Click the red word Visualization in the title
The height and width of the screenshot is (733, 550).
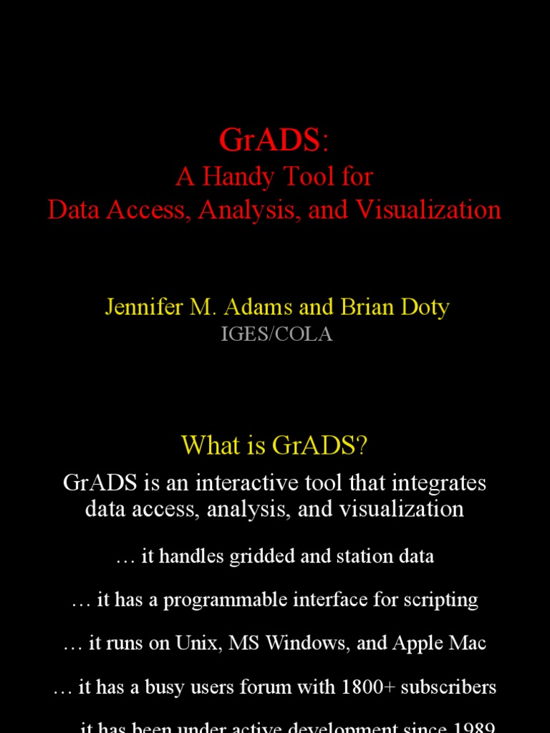click(x=429, y=210)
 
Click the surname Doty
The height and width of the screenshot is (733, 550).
click(x=423, y=307)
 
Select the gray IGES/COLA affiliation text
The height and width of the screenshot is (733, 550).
click(x=276, y=334)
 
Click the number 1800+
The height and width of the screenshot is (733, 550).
click(x=368, y=688)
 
